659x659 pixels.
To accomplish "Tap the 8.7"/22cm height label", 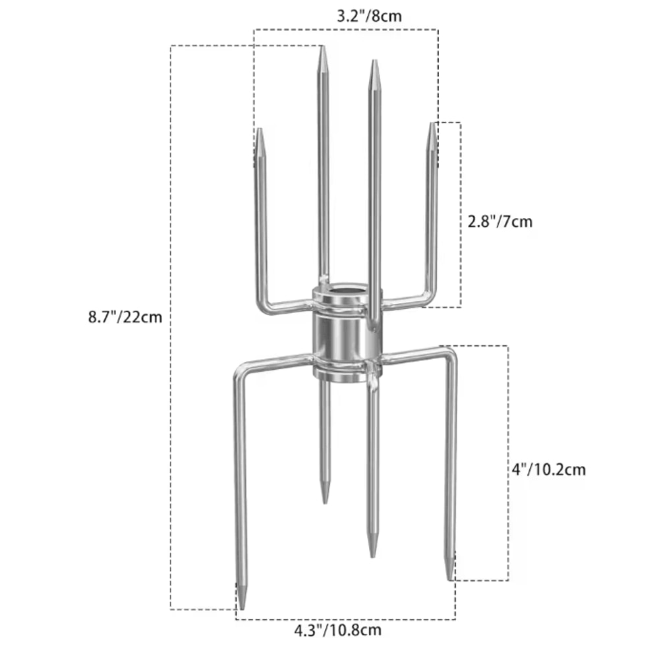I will click(125, 317).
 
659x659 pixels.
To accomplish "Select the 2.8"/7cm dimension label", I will click(500, 222).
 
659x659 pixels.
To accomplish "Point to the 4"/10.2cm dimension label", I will click(548, 470).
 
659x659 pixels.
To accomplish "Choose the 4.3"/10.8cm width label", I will click(337, 630).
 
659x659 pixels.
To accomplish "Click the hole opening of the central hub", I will click(343, 291).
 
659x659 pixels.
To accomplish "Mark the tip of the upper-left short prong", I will click(260, 131).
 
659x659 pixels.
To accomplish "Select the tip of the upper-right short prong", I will click(432, 126).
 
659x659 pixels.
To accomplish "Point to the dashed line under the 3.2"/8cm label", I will click(346, 29).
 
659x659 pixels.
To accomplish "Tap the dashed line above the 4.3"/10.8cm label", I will click(346, 619).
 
